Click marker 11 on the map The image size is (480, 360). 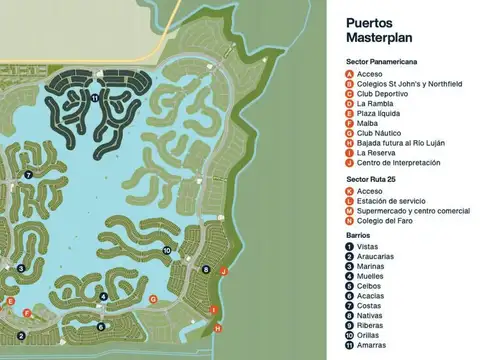[94, 99]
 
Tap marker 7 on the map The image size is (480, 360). [29, 175]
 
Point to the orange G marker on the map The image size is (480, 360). [152, 299]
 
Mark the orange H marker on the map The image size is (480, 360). [218, 327]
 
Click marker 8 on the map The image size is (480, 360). [205, 269]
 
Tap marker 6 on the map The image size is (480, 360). [101, 326]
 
